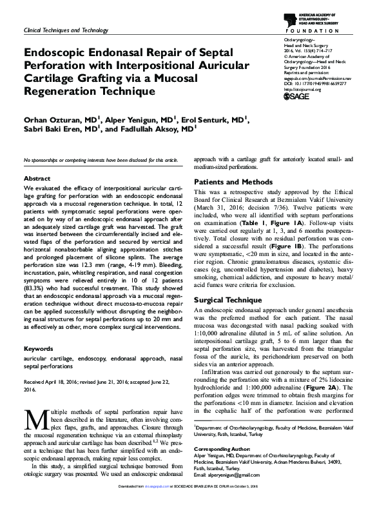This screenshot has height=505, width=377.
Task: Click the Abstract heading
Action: coord(37,178)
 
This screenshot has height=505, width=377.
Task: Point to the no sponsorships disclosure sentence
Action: coord(101,159)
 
